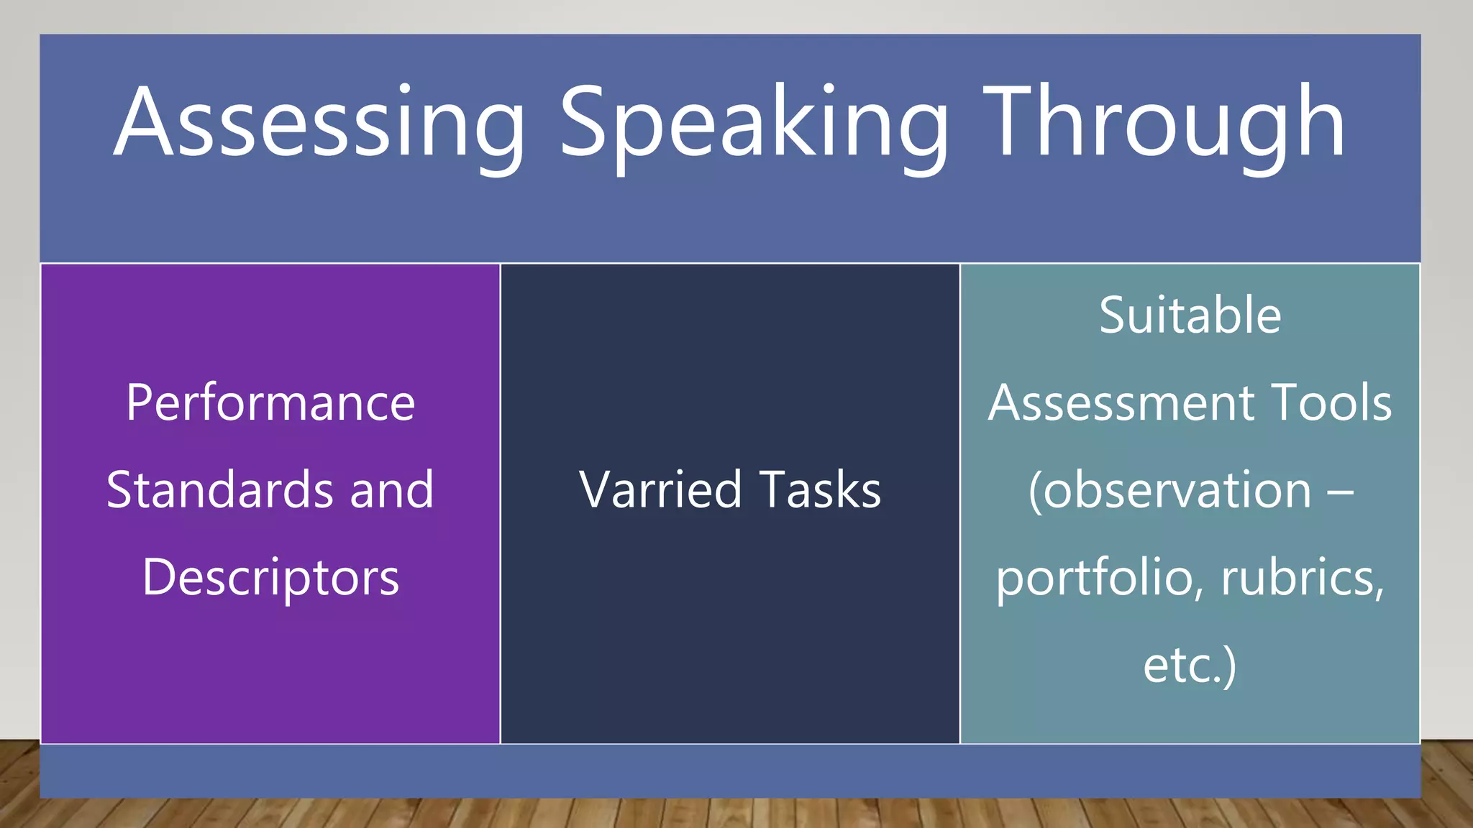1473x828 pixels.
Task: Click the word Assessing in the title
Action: (319, 124)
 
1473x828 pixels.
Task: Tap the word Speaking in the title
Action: (755, 124)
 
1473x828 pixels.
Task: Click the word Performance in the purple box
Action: (270, 403)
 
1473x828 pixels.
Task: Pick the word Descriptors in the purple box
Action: (270, 579)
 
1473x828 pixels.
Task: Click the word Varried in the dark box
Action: (660, 490)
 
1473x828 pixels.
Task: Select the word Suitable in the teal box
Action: (1190, 316)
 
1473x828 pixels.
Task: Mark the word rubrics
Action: (1302, 579)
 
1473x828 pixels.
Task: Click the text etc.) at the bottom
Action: (1190, 666)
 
